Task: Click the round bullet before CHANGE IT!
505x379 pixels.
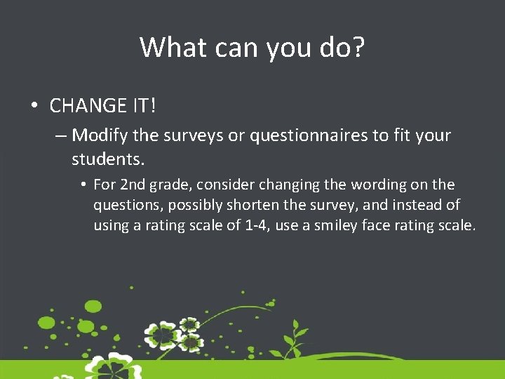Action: pyautogui.click(x=34, y=107)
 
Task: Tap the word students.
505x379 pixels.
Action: pyautogui.click(x=107, y=159)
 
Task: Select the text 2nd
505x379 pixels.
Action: pyautogui.click(x=135, y=185)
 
